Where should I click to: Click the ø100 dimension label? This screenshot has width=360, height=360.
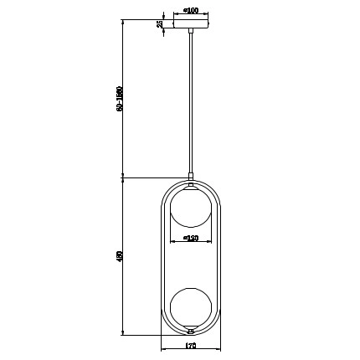point(191,10)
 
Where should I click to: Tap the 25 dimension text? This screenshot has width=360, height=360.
point(159,24)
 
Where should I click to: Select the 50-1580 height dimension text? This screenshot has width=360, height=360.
point(119,99)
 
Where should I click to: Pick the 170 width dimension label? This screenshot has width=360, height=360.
point(191,345)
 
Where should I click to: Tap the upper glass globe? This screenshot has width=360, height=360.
point(192,208)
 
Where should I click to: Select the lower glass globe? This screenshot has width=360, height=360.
point(192,305)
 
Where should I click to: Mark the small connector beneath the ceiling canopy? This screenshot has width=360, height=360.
point(192,32)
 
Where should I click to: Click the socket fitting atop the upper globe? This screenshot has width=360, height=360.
point(192,185)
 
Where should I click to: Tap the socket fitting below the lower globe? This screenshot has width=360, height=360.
point(192,328)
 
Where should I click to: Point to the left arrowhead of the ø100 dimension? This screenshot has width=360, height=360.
point(174,15)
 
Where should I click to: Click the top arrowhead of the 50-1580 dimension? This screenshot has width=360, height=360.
point(124,22)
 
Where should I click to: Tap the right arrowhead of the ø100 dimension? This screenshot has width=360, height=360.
point(209,15)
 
